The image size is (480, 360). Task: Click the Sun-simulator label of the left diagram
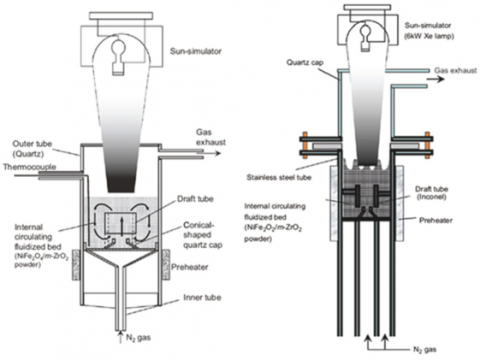196,51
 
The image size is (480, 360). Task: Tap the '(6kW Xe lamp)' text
429,36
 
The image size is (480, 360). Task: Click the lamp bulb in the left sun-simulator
118,56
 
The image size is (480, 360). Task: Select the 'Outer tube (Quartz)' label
32,149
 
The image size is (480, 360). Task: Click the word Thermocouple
30,167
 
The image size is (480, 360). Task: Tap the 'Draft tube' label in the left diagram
195,199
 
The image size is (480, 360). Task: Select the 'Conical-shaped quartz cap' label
203,235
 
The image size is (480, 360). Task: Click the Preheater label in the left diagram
190,267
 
